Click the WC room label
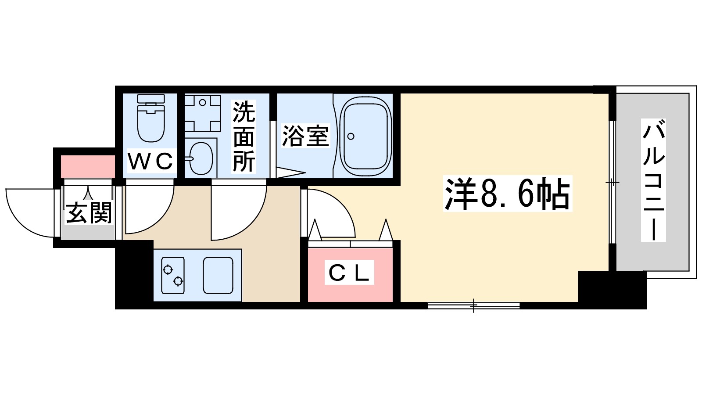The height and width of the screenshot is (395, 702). pyautogui.click(x=150, y=162)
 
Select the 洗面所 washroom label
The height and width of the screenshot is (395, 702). pyautogui.click(x=244, y=136)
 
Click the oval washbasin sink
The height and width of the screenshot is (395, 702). pyautogui.click(x=201, y=158)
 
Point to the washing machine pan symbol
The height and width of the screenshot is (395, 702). pyautogui.click(x=202, y=113)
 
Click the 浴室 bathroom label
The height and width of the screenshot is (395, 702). pyautogui.click(x=305, y=136)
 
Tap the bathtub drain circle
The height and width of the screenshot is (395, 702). pyautogui.click(x=351, y=136)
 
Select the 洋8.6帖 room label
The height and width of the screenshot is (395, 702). pyautogui.click(x=507, y=194)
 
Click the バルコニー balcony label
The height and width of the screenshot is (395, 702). pyautogui.click(x=653, y=180)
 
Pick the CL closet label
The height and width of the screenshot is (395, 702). pyautogui.click(x=349, y=273)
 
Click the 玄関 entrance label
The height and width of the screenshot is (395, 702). pyautogui.click(x=89, y=213)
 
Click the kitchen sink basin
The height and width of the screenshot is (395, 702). pyautogui.click(x=218, y=275)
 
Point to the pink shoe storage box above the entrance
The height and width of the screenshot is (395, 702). pyautogui.click(x=88, y=166)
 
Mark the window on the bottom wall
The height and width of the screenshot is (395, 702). pyautogui.click(x=473, y=305)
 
